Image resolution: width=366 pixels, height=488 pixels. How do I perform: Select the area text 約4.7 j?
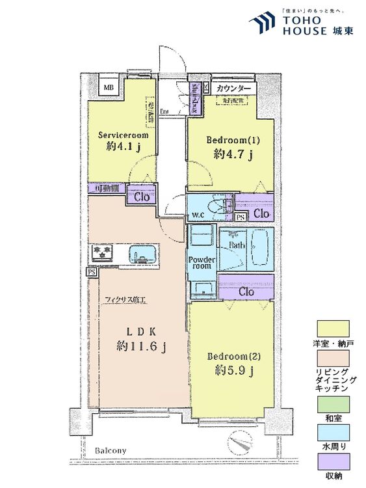(x=231, y=156)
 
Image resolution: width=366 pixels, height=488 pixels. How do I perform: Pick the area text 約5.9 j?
(x=231, y=372)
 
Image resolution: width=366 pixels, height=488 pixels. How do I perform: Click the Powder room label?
(x=201, y=262)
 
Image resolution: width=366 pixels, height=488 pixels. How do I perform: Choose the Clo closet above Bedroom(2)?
(x=246, y=291)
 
